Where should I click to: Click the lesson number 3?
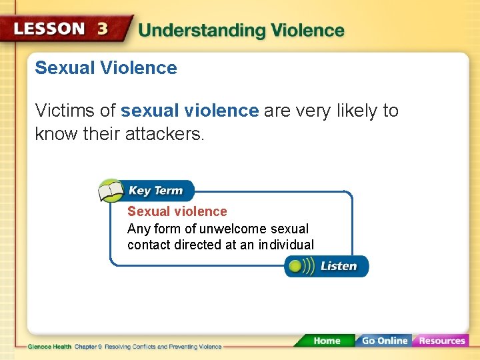click(x=103, y=29)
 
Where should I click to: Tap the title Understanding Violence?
click(x=241, y=31)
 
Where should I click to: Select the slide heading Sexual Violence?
click(x=106, y=68)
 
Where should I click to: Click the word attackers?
click(x=164, y=133)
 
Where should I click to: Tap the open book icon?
click(x=110, y=191)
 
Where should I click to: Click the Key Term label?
click(x=155, y=191)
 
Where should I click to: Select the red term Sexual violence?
click(x=177, y=211)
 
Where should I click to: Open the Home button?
click(x=327, y=341)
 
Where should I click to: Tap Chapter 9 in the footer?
click(x=87, y=347)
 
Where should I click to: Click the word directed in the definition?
click(x=197, y=245)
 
